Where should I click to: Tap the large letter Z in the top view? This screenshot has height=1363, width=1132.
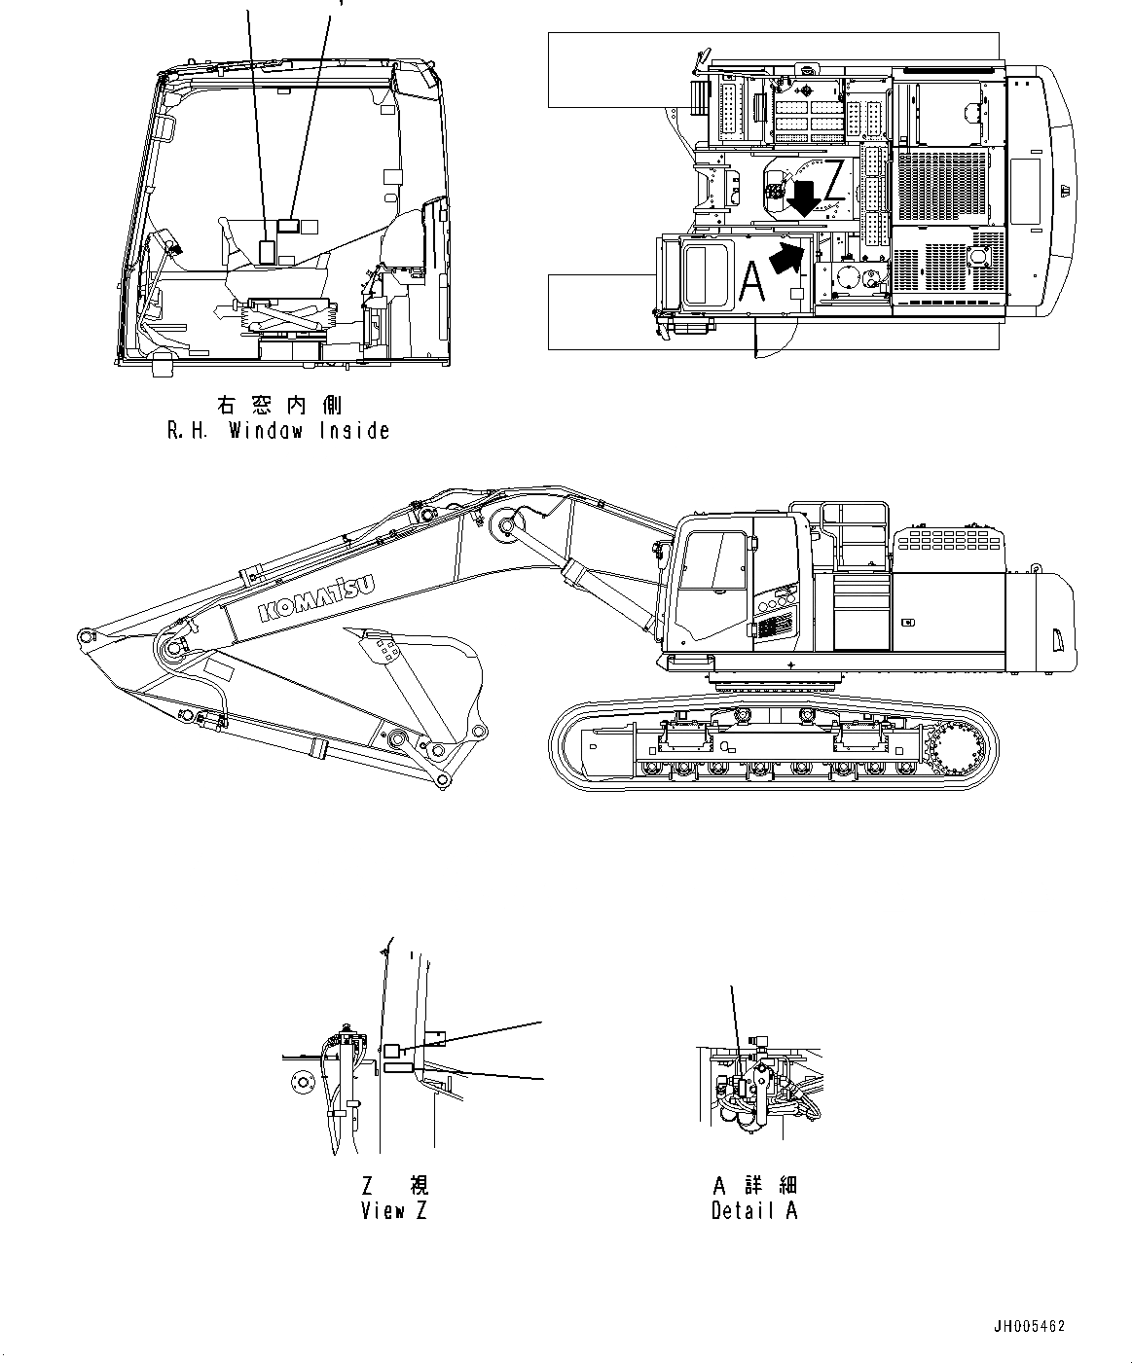pyautogui.click(x=834, y=183)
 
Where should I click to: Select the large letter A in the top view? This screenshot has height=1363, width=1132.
pyautogui.click(x=751, y=281)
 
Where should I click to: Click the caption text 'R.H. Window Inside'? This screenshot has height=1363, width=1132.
pyautogui.click(x=278, y=431)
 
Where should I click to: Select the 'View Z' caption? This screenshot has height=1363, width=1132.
pyautogui.click(x=394, y=1211)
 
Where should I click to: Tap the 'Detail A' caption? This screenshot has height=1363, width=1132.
pyautogui.click(x=754, y=1211)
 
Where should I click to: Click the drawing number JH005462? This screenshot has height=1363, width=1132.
pyautogui.click(x=1030, y=1326)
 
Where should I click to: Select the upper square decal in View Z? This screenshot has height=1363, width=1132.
pyautogui.click(x=390, y=1051)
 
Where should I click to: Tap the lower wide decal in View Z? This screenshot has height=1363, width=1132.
pyautogui.click(x=399, y=1068)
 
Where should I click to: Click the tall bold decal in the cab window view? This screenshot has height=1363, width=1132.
pyautogui.click(x=267, y=250)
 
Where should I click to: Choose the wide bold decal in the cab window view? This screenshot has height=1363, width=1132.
pyautogui.click(x=288, y=226)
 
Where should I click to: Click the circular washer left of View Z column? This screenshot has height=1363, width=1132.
pyautogui.click(x=300, y=1081)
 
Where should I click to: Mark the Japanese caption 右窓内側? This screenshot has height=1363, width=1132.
pyautogui.click(x=277, y=405)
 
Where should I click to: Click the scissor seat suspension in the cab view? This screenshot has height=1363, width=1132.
pyautogui.click(x=288, y=314)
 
